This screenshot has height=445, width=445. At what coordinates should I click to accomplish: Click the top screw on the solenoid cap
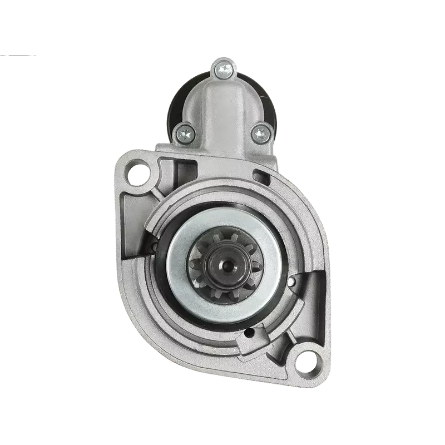click(222, 70)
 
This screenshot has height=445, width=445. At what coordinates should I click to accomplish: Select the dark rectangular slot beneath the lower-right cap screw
click(258, 176)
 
